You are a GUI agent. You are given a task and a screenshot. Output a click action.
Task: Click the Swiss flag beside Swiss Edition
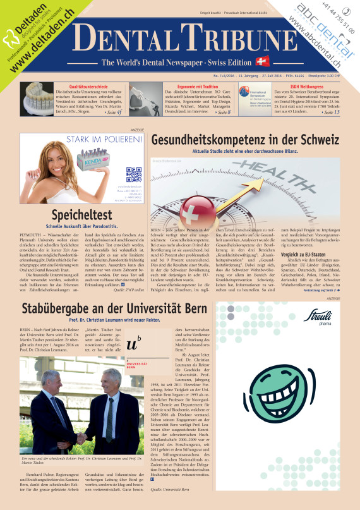[261, 62]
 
